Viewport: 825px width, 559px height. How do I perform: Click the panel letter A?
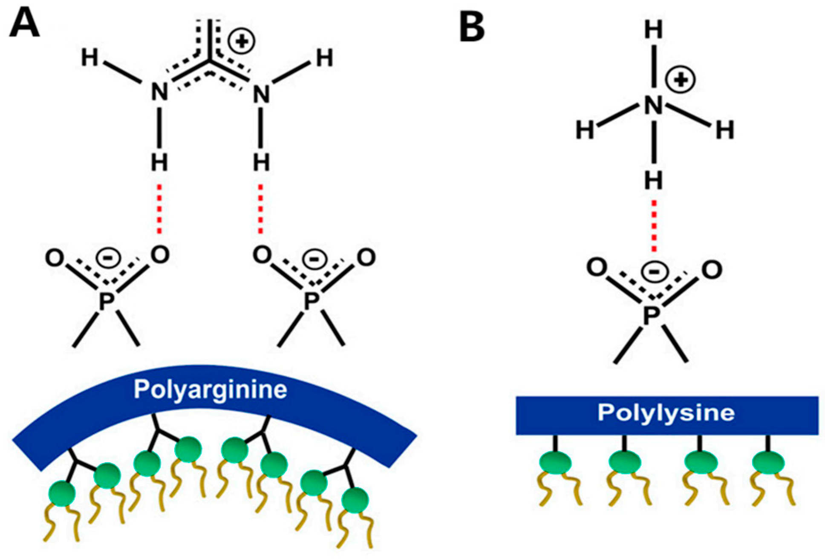pyautogui.click(x=24, y=24)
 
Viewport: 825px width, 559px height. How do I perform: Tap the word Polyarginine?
pyautogui.click(x=210, y=390)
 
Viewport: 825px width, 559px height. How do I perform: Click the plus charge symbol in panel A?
pyautogui.click(x=241, y=41)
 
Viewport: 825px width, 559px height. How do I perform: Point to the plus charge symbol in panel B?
pyautogui.click(x=681, y=80)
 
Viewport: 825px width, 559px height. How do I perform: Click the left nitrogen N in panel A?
pyautogui.click(x=159, y=93)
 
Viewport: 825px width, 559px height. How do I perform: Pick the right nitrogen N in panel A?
pyautogui.click(x=261, y=94)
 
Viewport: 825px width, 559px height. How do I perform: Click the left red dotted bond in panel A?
pyautogui.click(x=159, y=209)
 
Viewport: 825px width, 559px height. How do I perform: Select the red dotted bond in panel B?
pyautogui.click(x=654, y=226)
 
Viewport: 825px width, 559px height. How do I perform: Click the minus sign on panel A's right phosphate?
pyautogui.click(x=314, y=259)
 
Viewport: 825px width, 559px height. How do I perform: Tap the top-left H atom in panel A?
pyautogui.click(x=90, y=58)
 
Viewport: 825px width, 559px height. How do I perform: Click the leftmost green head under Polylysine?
pyautogui.click(x=555, y=462)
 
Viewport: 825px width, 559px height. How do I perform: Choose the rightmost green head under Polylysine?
pyautogui.click(x=768, y=462)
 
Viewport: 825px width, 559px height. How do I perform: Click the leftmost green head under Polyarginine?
pyautogui.click(x=62, y=494)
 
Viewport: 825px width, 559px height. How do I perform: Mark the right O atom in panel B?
pyautogui.click(x=712, y=269)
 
